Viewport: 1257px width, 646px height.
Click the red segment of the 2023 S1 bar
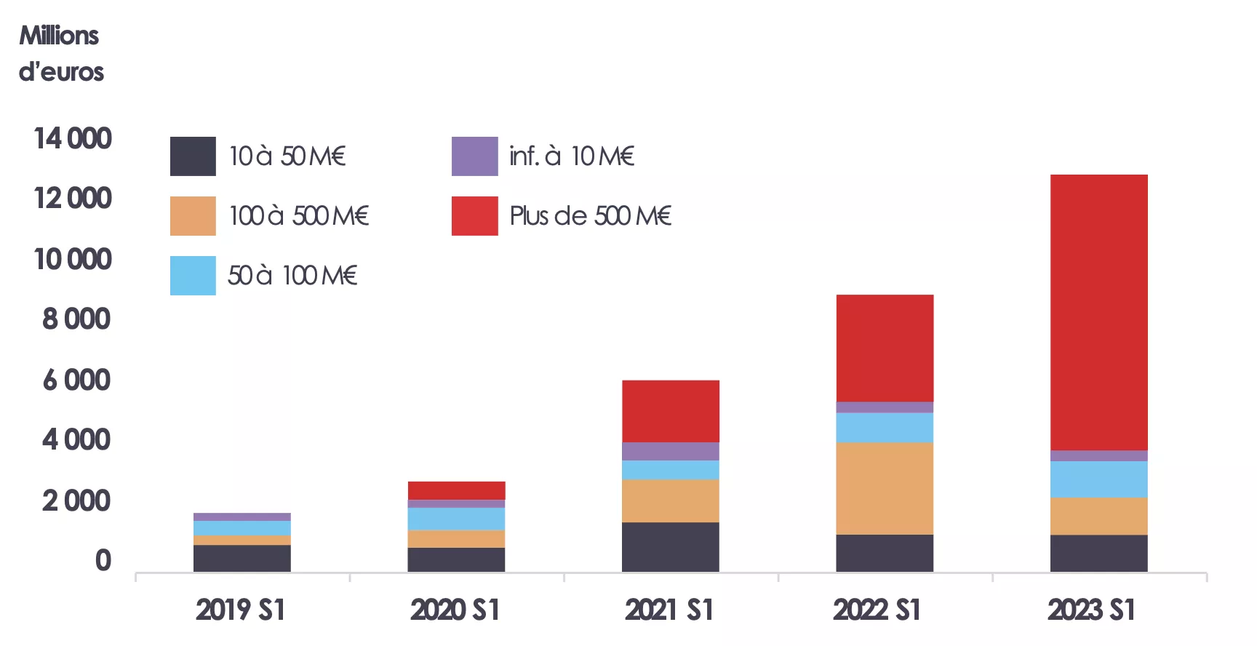pyautogui.click(x=1098, y=313)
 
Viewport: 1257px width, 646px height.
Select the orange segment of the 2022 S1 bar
pyautogui.click(x=885, y=488)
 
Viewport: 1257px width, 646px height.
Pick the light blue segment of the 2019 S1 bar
pyautogui.click(x=242, y=528)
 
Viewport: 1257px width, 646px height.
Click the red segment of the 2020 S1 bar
pyautogui.click(x=456, y=490)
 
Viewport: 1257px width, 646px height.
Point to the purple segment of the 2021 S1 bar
pyautogui.click(x=670, y=451)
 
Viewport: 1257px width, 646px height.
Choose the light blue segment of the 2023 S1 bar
pyautogui.click(x=1098, y=479)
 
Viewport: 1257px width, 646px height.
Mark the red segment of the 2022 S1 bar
pyautogui.click(x=885, y=348)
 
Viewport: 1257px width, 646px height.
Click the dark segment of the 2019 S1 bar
pyautogui.click(x=242, y=558)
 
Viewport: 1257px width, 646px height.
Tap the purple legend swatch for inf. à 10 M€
pyautogui.click(x=474, y=156)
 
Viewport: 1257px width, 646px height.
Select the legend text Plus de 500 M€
pyautogui.click(x=590, y=216)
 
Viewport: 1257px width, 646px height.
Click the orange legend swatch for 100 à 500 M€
pyautogui.click(x=193, y=216)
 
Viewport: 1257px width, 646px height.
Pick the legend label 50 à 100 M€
pyautogui.click(x=292, y=276)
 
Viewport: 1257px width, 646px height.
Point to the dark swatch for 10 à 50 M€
pyautogui.click(x=193, y=156)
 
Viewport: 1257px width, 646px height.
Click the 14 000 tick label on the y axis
pyautogui.click(x=73, y=138)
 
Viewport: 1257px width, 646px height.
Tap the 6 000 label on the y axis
pyautogui.click(x=76, y=380)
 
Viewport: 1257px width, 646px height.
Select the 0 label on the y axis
pyautogui.click(x=103, y=560)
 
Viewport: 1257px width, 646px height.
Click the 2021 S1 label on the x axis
pyautogui.click(x=669, y=610)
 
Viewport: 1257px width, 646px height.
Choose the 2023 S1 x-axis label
pyautogui.click(x=1091, y=610)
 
